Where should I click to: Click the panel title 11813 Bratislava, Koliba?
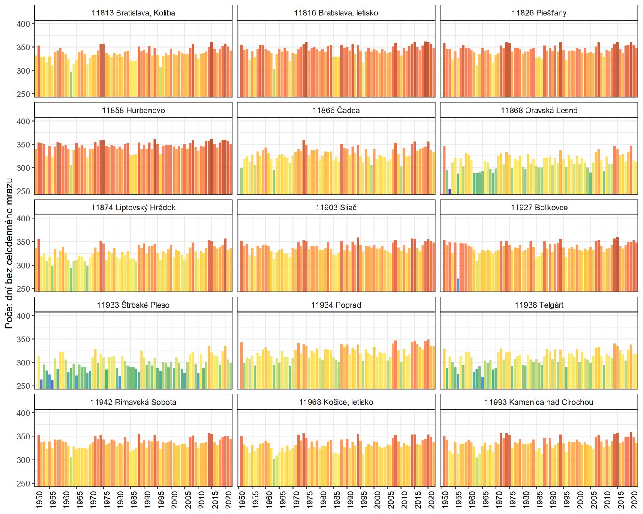[133, 13]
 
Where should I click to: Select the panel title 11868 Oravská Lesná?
[539, 111]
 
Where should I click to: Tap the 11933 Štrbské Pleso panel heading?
[133, 305]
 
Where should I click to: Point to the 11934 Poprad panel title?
[336, 305]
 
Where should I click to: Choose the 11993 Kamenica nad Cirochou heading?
[539, 402]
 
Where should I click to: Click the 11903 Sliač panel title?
[336, 208]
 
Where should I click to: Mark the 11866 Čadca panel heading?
[336, 111]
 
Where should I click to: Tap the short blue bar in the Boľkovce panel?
[458, 285]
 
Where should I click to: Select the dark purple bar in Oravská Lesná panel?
[450, 191]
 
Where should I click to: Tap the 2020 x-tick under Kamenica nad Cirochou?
[634, 499]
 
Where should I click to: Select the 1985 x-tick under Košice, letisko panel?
[337, 499]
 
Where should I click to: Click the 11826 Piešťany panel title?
[539, 13]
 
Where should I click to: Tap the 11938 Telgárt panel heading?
[539, 305]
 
